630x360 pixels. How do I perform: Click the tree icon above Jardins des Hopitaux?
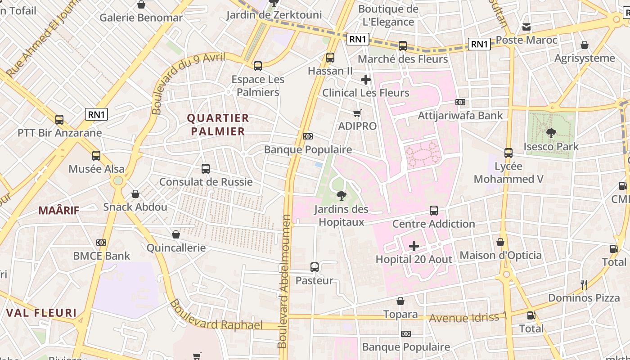[341, 196]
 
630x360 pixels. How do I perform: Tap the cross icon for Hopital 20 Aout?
[414, 246]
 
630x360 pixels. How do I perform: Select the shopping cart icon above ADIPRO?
[357, 113]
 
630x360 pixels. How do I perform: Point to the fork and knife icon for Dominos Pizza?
[584, 284]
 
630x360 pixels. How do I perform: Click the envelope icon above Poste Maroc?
[526, 27]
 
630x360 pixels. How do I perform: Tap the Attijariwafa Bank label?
[460, 116]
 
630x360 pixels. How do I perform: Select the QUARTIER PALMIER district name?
[218, 125]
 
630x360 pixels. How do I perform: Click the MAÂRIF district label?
[58, 210]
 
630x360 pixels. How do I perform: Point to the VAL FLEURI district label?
[41, 313]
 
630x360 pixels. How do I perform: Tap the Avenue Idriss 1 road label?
[468, 317]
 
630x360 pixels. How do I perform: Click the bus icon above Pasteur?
[315, 267]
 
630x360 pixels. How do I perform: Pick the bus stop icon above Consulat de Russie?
[206, 169]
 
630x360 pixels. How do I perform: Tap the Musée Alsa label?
[96, 169]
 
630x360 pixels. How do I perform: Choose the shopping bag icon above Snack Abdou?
[135, 194]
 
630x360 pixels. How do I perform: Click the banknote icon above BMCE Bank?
[101, 243]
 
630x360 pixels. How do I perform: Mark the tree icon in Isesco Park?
[551, 133]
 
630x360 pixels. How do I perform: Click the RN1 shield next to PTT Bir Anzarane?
[96, 114]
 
